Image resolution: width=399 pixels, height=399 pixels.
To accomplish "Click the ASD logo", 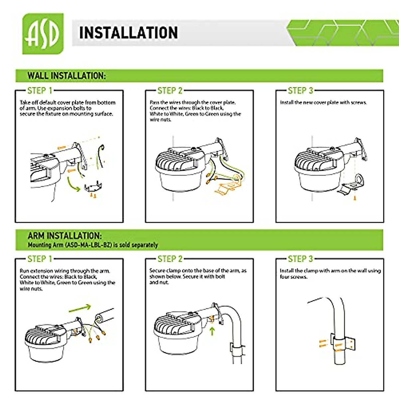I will click(x=43, y=34).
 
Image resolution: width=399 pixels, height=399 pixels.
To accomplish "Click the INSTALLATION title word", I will click(x=128, y=33).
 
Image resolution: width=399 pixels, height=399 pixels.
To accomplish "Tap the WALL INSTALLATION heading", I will click(x=66, y=76).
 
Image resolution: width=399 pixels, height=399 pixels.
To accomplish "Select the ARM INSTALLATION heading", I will click(x=65, y=236).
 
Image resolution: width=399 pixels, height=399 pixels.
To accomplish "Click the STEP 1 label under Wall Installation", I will click(x=40, y=91).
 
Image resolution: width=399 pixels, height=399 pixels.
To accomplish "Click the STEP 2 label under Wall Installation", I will click(x=170, y=91).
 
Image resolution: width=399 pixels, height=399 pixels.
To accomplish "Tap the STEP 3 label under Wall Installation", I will click(x=300, y=91).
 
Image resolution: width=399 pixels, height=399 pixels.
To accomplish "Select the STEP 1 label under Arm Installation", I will click(x=40, y=259).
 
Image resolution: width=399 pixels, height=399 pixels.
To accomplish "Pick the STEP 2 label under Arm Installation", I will click(x=170, y=259).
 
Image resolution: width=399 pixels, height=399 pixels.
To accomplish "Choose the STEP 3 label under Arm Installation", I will click(x=300, y=259).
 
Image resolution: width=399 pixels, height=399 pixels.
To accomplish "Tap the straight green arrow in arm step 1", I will click(x=80, y=308).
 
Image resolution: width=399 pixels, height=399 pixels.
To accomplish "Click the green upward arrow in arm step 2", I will click(x=212, y=331).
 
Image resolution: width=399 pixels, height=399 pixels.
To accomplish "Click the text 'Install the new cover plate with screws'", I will click(x=323, y=103).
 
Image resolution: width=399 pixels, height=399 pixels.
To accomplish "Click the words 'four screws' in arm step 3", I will click(x=293, y=277).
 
